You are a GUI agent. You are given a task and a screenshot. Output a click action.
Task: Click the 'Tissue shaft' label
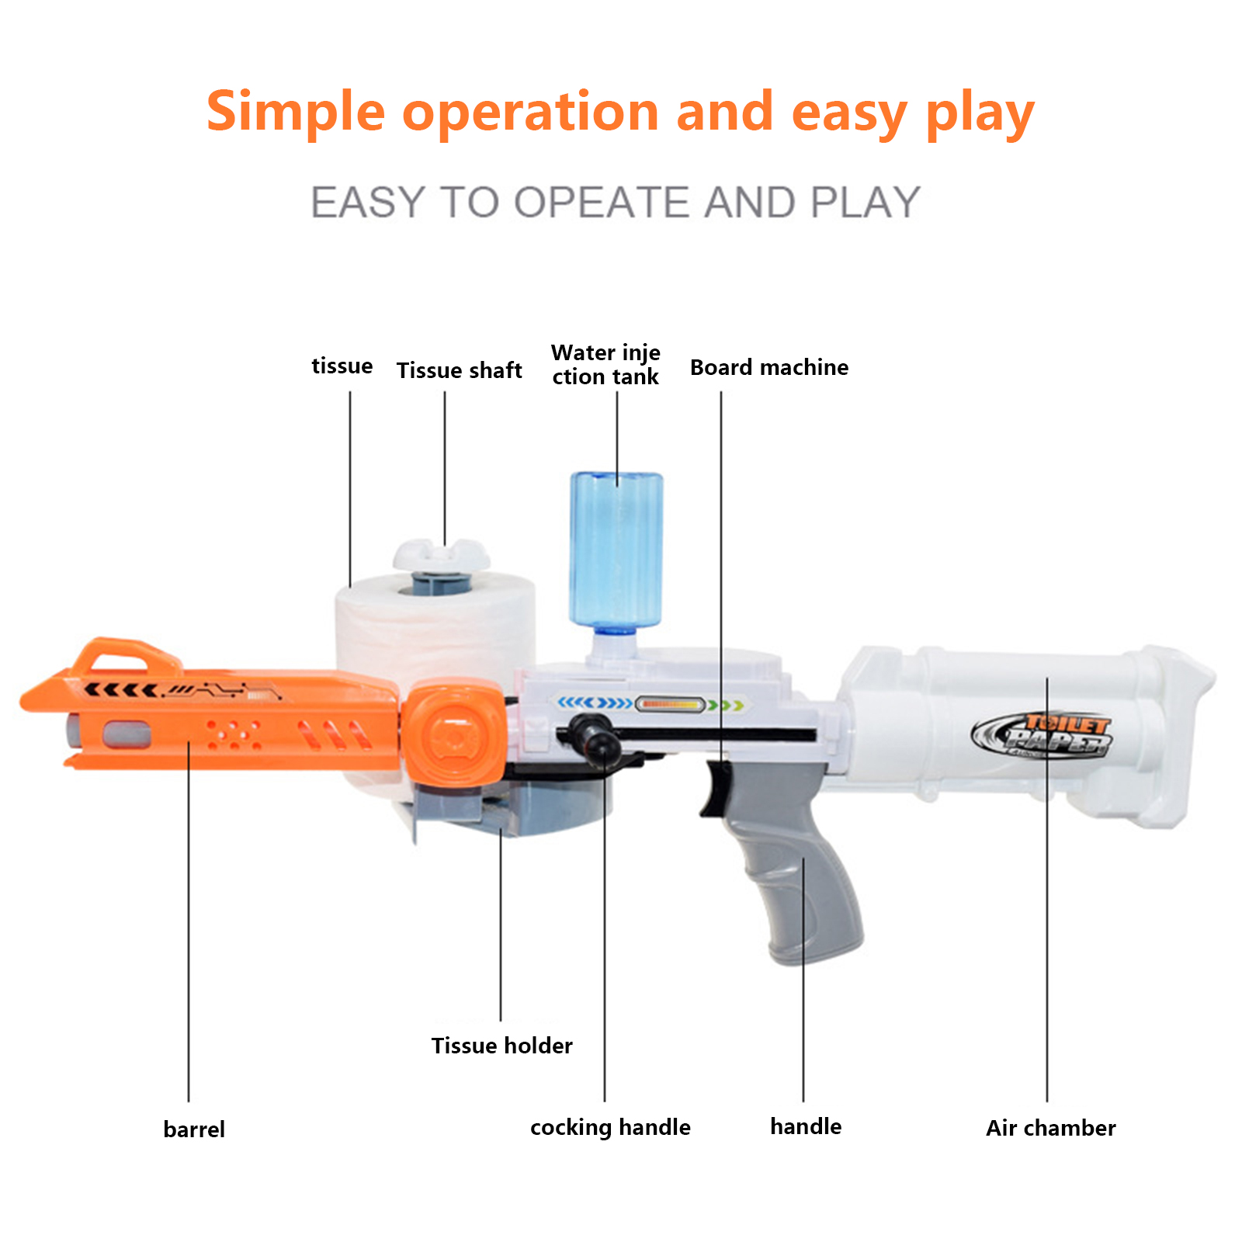459,370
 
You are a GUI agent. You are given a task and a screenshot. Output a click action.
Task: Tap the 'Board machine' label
769,367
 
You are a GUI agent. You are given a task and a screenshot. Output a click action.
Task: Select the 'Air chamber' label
1051,1128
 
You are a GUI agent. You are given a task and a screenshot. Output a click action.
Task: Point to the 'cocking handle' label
610,1127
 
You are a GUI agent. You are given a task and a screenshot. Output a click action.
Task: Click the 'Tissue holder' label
502,1046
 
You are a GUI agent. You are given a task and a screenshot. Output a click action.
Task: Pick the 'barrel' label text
194,1129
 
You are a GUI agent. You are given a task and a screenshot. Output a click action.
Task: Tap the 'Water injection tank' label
605,365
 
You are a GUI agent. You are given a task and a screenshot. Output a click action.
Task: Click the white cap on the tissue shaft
441,554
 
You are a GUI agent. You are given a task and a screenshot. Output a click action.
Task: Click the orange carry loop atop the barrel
124,655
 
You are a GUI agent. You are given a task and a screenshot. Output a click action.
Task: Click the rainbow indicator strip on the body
670,705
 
